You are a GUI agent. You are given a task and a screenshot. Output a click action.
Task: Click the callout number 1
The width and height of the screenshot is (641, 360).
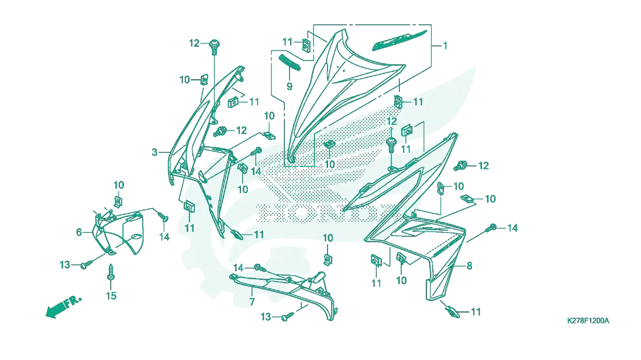445,46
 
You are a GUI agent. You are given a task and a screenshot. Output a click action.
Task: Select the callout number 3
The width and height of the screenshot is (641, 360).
154,152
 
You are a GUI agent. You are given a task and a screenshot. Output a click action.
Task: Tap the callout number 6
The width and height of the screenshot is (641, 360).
79,232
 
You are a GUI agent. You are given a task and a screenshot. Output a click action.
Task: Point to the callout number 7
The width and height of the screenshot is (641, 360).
252,302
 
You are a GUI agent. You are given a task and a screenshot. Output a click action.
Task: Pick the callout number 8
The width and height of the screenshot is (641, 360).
469,266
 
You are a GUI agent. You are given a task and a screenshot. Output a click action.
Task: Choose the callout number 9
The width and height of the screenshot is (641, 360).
290,86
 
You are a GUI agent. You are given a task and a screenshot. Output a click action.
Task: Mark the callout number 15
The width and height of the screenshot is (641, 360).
111,296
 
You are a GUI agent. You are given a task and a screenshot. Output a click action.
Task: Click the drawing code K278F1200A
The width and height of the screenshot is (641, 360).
588,321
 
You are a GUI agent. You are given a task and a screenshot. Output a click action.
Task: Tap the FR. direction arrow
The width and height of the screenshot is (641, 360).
63,307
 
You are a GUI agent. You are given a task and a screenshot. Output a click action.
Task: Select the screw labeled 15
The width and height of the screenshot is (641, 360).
110,272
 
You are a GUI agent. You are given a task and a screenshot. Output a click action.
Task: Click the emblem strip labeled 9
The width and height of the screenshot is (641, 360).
290,62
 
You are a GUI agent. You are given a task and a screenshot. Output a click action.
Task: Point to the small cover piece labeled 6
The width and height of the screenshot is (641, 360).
119,232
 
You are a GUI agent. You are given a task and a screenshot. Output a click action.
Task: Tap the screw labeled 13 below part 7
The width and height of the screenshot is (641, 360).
288,316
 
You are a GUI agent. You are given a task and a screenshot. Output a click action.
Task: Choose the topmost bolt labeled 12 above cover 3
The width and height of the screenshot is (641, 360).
214,47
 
